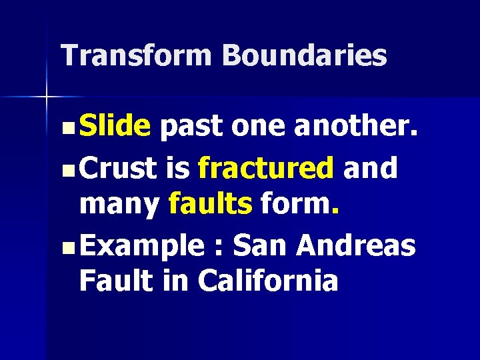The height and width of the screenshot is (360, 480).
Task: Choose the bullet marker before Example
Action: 70,245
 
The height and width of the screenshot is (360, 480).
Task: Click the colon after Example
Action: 217,245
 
